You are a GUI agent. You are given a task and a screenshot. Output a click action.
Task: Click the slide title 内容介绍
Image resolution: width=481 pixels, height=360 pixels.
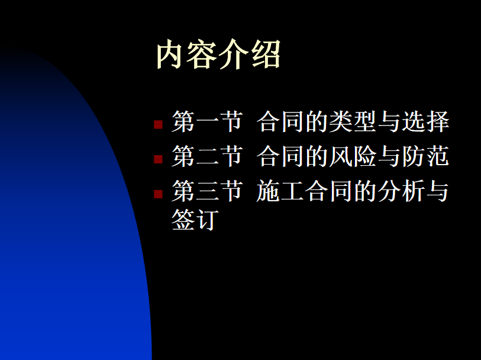pyautogui.click(x=218, y=54)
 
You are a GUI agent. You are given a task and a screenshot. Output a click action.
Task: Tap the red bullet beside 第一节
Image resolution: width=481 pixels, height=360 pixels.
pyautogui.click(x=158, y=124)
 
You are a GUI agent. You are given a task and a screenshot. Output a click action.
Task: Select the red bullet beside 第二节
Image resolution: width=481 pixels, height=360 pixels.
pyautogui.click(x=158, y=159)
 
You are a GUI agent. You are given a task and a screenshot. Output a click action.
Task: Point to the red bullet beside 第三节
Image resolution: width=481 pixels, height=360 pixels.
pyautogui.click(x=158, y=194)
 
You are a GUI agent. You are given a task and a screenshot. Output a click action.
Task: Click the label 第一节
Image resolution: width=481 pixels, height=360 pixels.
pyautogui.click(x=208, y=121)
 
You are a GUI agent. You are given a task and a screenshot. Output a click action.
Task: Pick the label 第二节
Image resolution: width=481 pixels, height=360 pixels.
pyautogui.click(x=208, y=156)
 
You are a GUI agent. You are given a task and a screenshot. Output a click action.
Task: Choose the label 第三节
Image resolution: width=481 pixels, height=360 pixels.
pyautogui.click(x=208, y=191)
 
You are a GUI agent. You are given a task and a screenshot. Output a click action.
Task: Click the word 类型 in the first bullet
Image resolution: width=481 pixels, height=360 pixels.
pyautogui.click(x=353, y=121)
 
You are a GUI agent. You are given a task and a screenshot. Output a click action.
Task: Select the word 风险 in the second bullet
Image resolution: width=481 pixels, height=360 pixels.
pyautogui.click(x=353, y=156)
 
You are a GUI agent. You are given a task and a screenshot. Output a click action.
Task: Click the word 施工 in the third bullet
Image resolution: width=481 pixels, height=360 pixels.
pyautogui.click(x=280, y=191)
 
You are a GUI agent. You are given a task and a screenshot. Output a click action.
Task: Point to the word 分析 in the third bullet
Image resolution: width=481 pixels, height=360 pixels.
pyautogui.click(x=401, y=191)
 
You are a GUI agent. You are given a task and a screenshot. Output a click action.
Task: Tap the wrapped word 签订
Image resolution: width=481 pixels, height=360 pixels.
pyautogui.click(x=195, y=220)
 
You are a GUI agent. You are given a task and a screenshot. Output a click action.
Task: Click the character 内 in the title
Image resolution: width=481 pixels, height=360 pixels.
pyautogui.click(x=171, y=54)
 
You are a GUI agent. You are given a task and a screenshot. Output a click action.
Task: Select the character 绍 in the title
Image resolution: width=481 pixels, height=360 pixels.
pyautogui.click(x=266, y=54)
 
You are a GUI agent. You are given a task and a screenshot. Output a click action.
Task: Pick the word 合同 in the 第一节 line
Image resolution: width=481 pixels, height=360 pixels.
pyautogui.click(x=280, y=121)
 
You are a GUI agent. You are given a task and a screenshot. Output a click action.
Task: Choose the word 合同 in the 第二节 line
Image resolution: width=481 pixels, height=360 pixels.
pyautogui.click(x=280, y=156)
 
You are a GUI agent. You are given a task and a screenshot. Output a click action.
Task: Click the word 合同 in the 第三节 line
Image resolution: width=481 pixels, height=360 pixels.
pyautogui.click(x=328, y=191)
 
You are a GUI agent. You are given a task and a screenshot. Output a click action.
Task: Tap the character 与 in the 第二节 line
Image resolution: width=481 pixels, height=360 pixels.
pyautogui.click(x=389, y=156)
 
